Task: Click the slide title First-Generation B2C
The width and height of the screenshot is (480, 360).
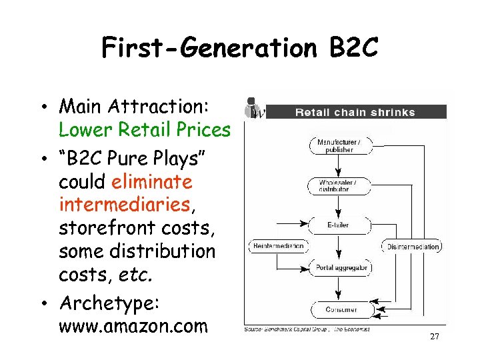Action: click(x=239, y=48)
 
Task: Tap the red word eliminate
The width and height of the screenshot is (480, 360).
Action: click(x=152, y=181)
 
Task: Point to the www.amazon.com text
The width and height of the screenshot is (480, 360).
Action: click(x=133, y=327)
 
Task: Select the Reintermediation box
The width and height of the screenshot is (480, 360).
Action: click(x=278, y=246)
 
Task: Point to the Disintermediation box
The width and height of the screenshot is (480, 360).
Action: click(x=413, y=246)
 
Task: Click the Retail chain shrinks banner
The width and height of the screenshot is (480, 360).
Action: click(x=355, y=112)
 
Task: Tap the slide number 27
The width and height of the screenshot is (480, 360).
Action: click(x=435, y=337)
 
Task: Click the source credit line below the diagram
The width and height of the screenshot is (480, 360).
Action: click(x=307, y=329)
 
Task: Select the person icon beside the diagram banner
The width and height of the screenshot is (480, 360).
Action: click(x=254, y=108)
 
